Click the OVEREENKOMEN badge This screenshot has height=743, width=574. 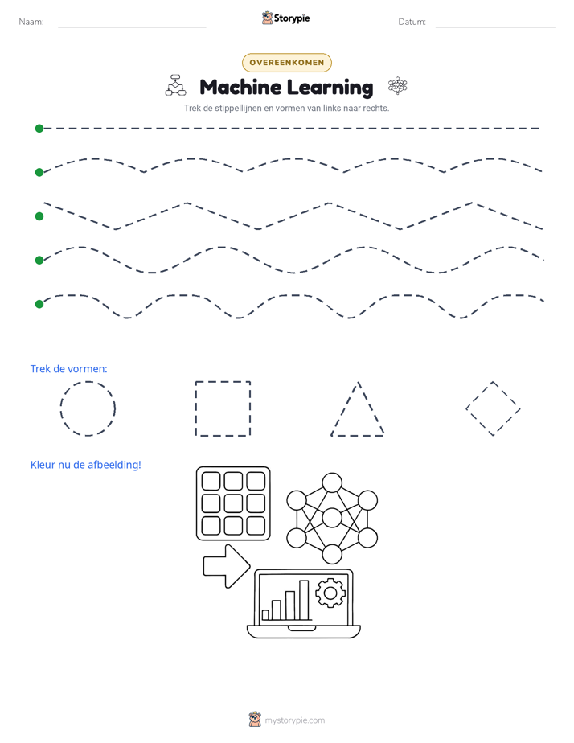(x=286, y=63)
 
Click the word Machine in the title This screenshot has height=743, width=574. (x=240, y=87)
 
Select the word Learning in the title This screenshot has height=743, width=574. (x=330, y=88)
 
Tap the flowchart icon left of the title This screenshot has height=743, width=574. (x=176, y=85)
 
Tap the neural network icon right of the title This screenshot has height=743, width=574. (x=398, y=86)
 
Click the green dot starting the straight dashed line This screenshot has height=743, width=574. (x=39, y=129)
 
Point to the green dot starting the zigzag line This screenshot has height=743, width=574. (x=39, y=216)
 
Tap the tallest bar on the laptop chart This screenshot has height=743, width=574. (x=304, y=600)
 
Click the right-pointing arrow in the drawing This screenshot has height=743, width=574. (x=227, y=566)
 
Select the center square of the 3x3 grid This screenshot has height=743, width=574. (x=233, y=503)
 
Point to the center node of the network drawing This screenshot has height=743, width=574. (x=332, y=518)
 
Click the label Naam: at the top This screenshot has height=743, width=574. (x=31, y=22)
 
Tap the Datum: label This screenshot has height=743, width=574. (x=412, y=22)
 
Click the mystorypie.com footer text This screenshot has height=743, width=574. (x=294, y=720)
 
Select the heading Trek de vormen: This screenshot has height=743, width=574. (x=68, y=368)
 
